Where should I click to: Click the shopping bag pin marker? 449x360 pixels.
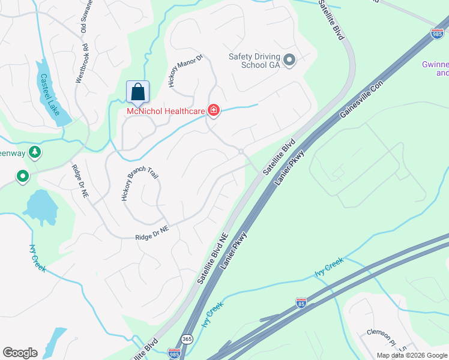pos(137,93)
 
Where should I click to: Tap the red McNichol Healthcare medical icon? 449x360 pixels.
pos(213,110)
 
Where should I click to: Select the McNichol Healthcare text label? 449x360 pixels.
pos(164,110)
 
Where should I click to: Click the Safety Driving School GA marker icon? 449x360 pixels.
pos(290,59)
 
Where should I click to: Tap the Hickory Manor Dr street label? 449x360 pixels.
pos(186,71)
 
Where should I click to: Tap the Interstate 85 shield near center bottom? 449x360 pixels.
pos(301,304)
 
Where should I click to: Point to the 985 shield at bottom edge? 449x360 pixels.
pos(174,354)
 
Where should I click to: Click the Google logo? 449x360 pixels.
pos(20,353)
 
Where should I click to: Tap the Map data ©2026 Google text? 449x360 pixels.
pos(411,355)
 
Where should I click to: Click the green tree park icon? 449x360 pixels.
pos(35,152)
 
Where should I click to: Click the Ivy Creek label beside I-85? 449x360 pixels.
pos(328,268)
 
